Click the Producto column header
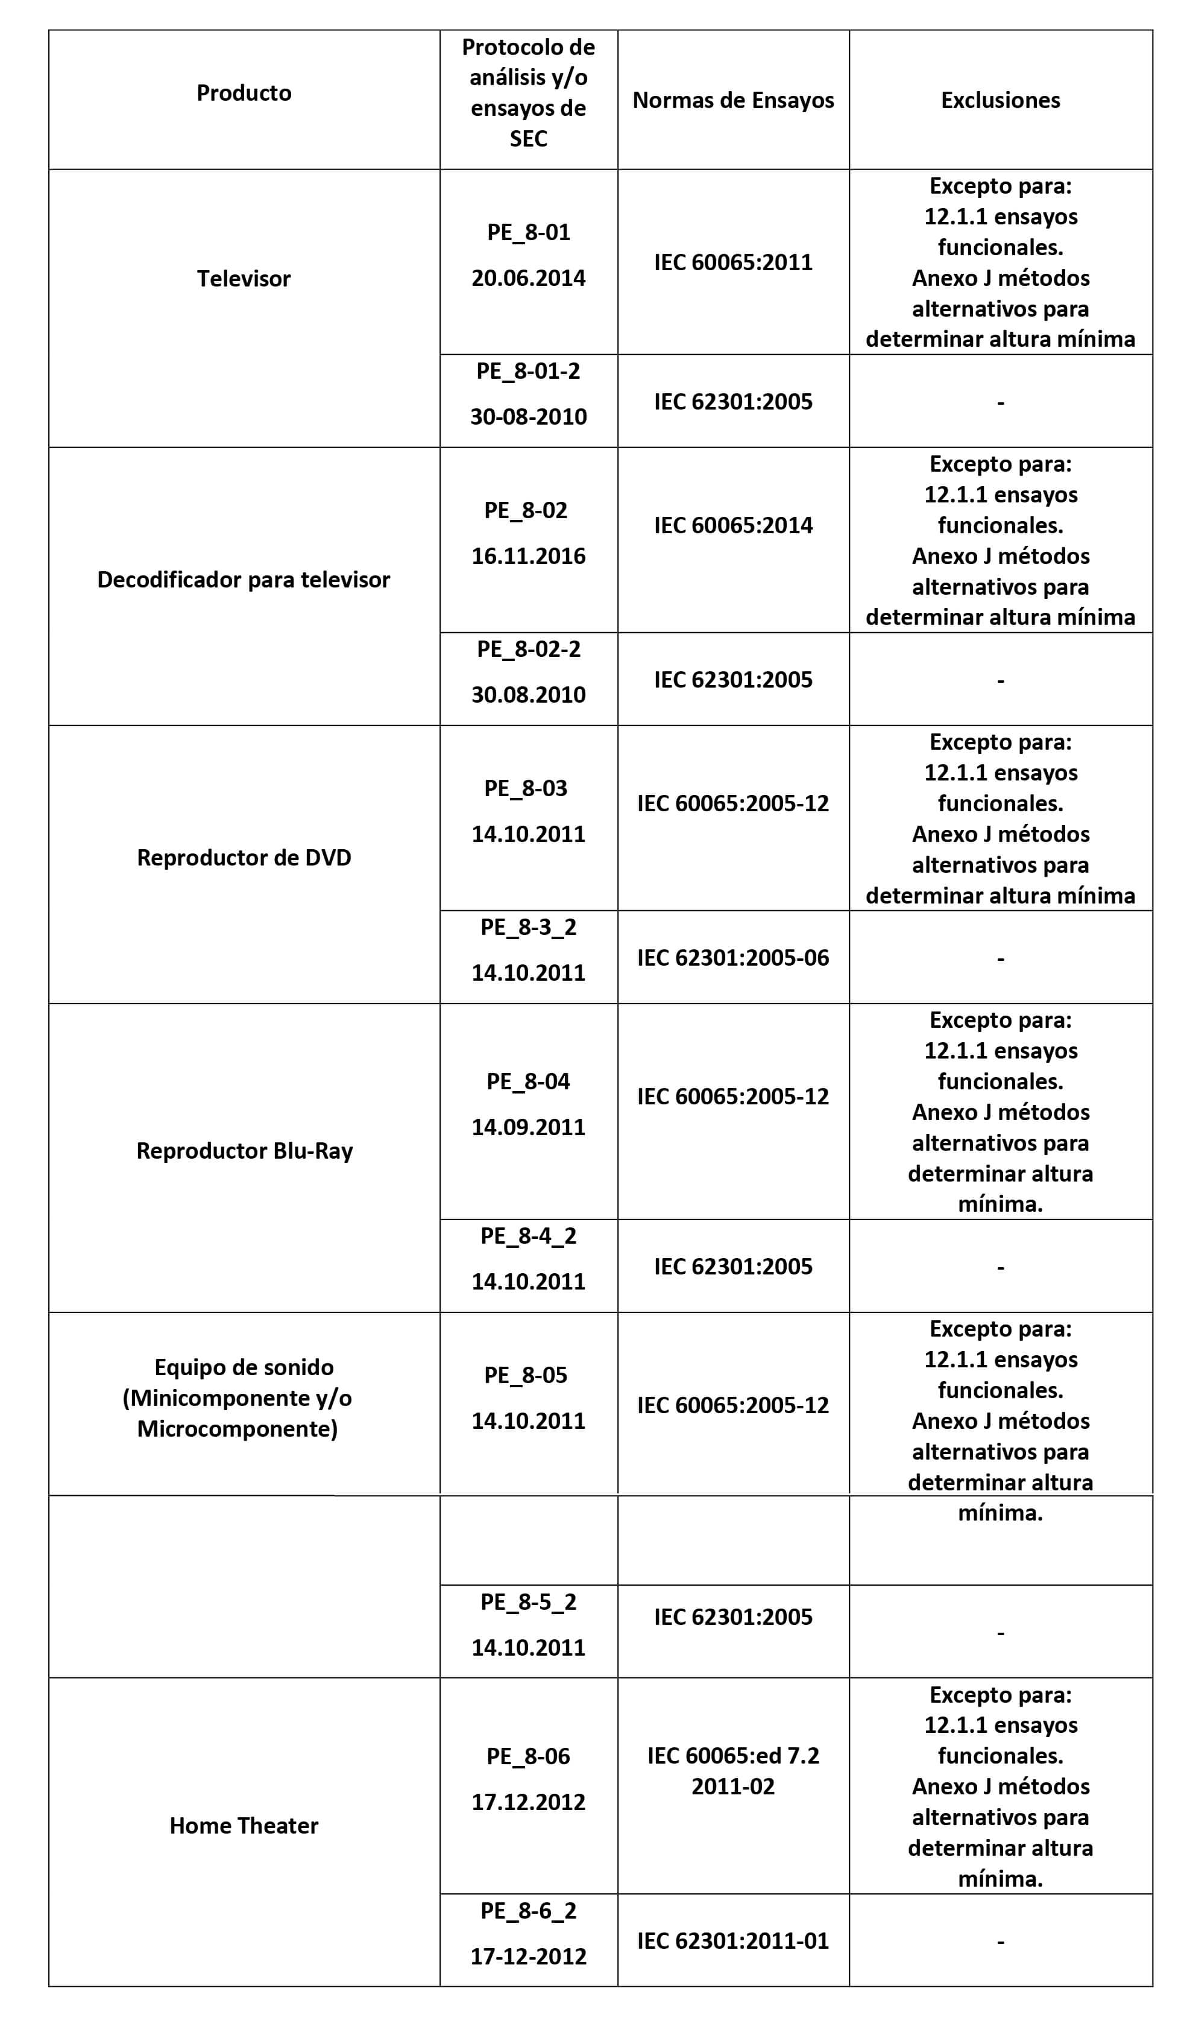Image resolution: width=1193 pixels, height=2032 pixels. (x=244, y=93)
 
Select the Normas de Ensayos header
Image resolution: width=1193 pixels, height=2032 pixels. (x=732, y=100)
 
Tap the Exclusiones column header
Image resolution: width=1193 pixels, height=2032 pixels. (x=999, y=100)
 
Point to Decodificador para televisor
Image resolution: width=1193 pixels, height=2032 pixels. (x=244, y=579)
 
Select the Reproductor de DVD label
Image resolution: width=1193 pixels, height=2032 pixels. (x=244, y=857)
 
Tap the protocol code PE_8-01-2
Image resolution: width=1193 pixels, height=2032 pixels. (x=528, y=371)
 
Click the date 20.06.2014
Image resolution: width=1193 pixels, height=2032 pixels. (x=528, y=278)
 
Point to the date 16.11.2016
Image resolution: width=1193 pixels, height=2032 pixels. (x=528, y=555)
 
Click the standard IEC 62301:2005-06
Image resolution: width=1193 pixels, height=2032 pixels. (x=732, y=957)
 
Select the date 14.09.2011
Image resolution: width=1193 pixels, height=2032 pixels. (x=528, y=1127)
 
